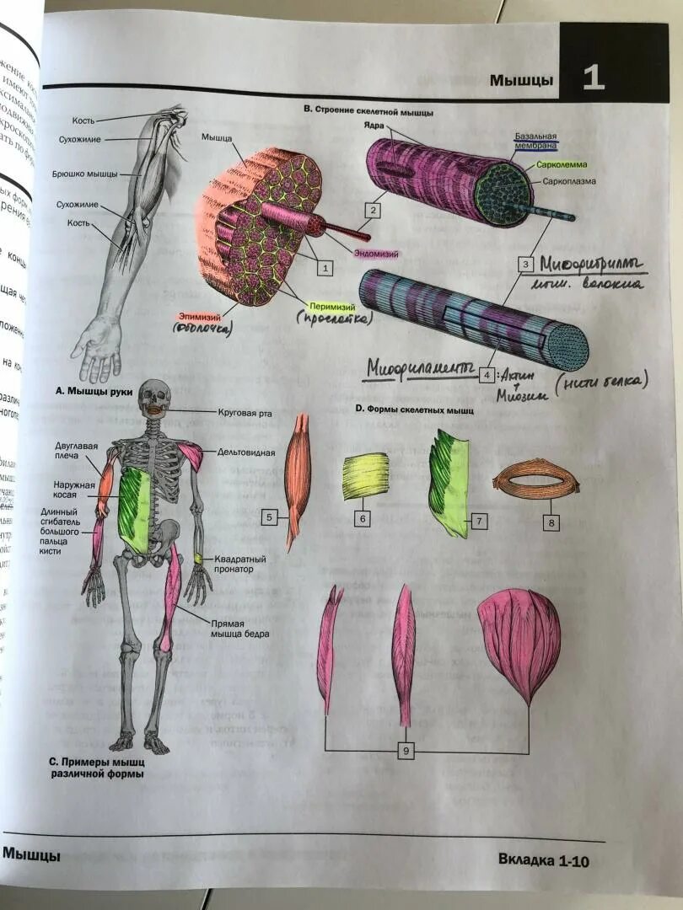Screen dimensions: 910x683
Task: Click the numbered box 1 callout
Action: click(324, 268)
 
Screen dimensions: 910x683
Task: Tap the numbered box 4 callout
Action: click(486, 375)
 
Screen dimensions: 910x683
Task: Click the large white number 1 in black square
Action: click(593, 78)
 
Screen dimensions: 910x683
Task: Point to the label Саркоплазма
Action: click(569, 181)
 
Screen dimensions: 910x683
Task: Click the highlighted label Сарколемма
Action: click(562, 166)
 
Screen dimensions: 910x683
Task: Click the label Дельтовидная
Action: click(246, 452)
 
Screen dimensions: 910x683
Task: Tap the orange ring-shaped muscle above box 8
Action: click(536, 484)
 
